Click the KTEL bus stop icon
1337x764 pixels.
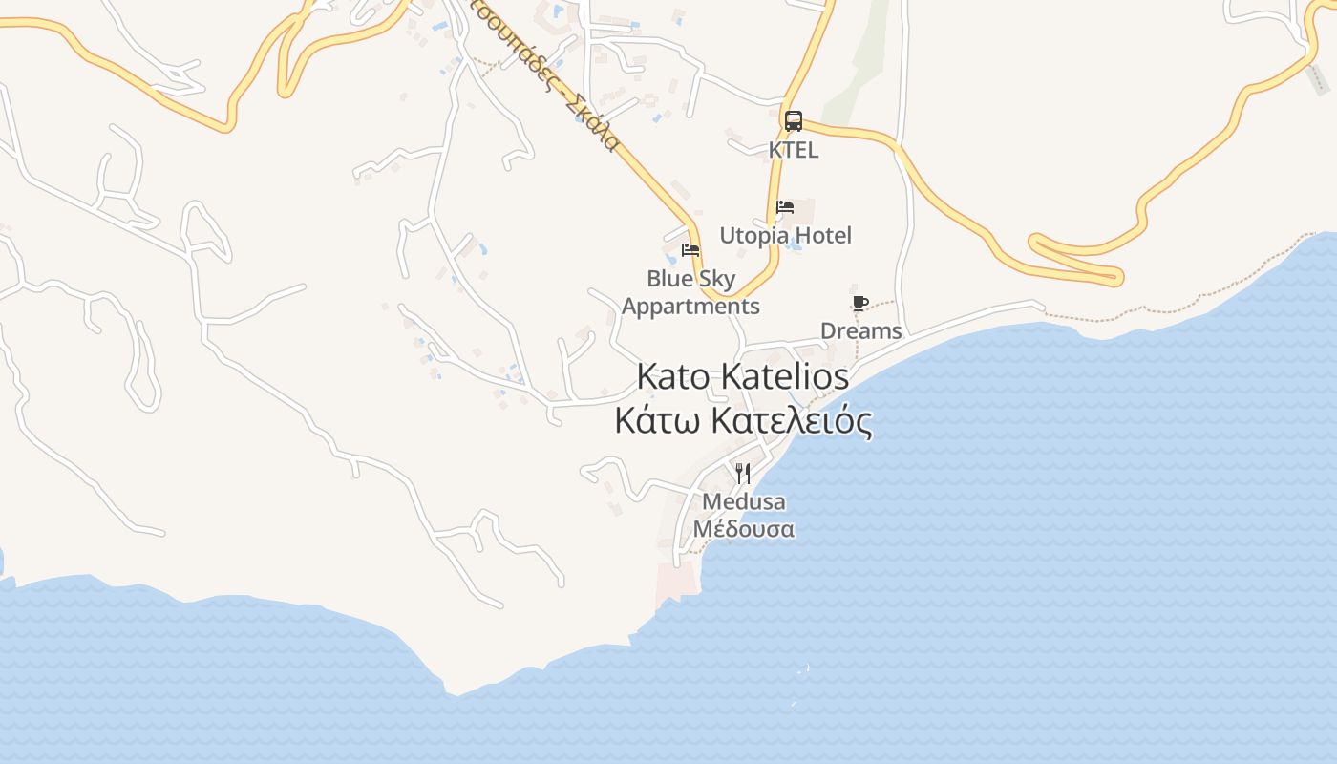click(794, 121)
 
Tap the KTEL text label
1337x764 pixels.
click(794, 150)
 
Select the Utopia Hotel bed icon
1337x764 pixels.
click(785, 207)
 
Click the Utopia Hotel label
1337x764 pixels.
click(785, 235)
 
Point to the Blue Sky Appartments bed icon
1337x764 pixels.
click(690, 251)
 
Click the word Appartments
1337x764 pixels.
click(690, 307)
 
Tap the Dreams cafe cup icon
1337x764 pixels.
click(859, 304)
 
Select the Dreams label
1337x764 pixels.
click(860, 331)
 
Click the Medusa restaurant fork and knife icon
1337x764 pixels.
click(743, 473)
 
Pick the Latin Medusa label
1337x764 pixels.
click(743, 501)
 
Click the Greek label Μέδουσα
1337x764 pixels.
click(743, 529)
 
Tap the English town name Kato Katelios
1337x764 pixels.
click(742, 376)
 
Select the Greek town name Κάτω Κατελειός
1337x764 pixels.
click(743, 420)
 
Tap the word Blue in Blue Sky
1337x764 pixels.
click(668, 279)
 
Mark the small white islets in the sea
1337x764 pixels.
click(801, 672)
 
